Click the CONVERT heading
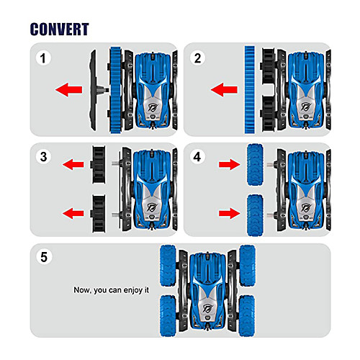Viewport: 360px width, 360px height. pos(60,30)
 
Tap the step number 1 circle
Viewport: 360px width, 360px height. pos(43,58)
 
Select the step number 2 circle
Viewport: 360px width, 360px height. pos(197,58)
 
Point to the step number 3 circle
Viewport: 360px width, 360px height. pos(43,157)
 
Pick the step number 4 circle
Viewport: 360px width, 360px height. pos(197,157)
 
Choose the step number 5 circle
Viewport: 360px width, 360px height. pos(44,257)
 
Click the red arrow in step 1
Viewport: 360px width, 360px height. pos(69,90)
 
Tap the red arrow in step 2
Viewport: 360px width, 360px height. pos(224,90)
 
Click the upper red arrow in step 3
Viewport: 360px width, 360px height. pos(73,164)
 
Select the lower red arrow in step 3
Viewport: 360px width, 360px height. pos(73,213)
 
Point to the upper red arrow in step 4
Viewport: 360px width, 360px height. pos(229,164)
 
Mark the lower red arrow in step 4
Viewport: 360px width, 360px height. pos(229,213)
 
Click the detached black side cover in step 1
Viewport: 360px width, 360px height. pos(94,90)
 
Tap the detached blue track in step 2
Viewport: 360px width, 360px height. pos(250,90)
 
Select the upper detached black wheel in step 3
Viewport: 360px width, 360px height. pos(98,165)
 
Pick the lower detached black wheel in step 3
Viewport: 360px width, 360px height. pos(98,214)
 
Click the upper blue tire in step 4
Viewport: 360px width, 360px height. pos(255,165)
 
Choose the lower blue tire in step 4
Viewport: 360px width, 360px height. pos(255,215)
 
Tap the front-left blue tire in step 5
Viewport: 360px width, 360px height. pos(168,266)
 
